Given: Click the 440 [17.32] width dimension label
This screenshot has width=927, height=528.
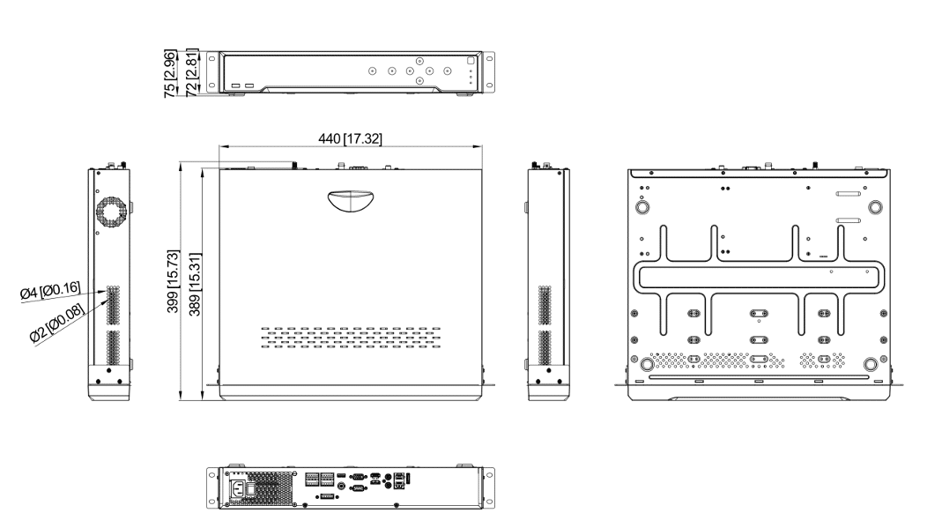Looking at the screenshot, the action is [x=350, y=139].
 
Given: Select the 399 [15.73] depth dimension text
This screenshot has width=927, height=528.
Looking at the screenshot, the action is [x=173, y=281].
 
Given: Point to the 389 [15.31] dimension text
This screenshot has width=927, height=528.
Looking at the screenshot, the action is [x=195, y=285].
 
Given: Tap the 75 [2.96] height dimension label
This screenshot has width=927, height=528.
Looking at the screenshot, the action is [x=170, y=74].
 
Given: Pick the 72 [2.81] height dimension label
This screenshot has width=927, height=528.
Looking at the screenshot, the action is [x=192, y=74].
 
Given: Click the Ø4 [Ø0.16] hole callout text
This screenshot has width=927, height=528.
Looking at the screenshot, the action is [x=50, y=291].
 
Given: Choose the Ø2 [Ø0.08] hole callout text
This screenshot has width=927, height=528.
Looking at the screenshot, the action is [x=57, y=323].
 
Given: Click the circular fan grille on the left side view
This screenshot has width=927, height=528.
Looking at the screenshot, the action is [x=111, y=211].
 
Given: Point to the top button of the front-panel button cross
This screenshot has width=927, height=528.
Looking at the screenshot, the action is [x=419, y=61].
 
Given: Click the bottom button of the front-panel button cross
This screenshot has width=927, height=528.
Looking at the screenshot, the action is [x=419, y=81].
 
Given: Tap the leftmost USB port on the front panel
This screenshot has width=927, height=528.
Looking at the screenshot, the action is [x=236, y=86].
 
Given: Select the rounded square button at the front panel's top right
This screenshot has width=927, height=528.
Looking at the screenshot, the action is [x=471, y=60].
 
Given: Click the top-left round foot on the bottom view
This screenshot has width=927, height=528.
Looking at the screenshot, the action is [x=641, y=207].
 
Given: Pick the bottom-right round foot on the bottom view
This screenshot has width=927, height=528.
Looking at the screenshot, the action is [x=871, y=364].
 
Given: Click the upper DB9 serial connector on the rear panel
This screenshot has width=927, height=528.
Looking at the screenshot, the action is [x=357, y=476].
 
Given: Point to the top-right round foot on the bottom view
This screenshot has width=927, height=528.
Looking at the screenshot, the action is [x=875, y=207].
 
